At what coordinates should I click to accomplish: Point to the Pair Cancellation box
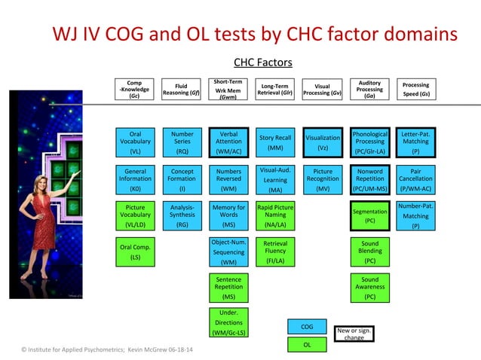coord(415,179)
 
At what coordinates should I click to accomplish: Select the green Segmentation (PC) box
coord(369,216)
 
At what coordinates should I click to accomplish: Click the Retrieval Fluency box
coord(275,253)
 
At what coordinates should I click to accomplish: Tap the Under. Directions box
coord(228,322)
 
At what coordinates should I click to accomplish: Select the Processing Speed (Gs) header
coord(415,89)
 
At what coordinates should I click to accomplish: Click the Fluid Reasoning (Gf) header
coord(181,89)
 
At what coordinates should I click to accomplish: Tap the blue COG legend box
coord(307,327)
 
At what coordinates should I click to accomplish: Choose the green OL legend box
coord(307,345)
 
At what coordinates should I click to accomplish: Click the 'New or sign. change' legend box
coord(354,333)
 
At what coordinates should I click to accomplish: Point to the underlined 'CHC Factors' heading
coord(263,62)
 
